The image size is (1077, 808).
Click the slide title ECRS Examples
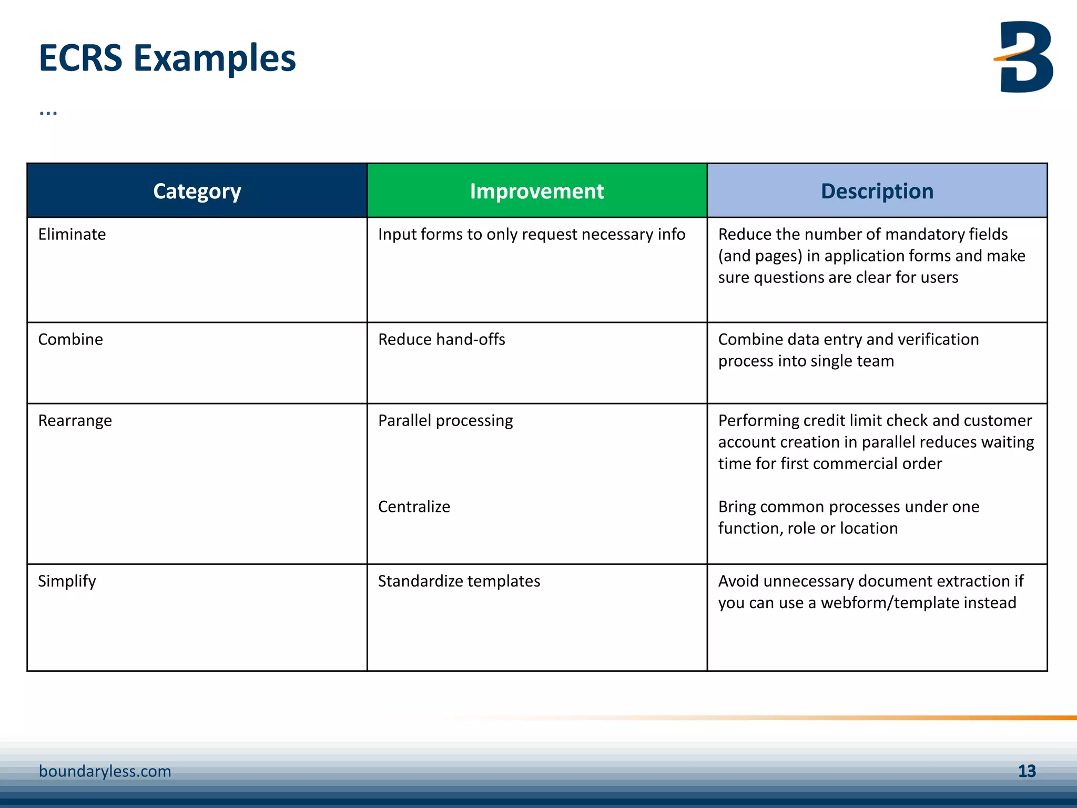[x=167, y=58]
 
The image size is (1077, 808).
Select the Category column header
[x=197, y=191]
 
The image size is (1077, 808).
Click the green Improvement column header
[x=536, y=191]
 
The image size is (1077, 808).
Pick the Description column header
[x=877, y=191]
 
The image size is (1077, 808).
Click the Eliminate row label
[x=72, y=234]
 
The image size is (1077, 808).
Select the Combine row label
[x=70, y=339]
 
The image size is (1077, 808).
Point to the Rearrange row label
[x=75, y=421]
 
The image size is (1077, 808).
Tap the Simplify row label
[x=67, y=581]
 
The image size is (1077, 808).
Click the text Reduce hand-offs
[x=441, y=339]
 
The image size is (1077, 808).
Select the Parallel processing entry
[x=445, y=421]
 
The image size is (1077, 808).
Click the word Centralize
[x=414, y=507]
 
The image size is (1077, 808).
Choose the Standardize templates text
[x=459, y=581]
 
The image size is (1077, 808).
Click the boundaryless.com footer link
[x=105, y=771]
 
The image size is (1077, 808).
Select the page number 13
[x=1027, y=771]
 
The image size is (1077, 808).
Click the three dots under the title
[x=48, y=113]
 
